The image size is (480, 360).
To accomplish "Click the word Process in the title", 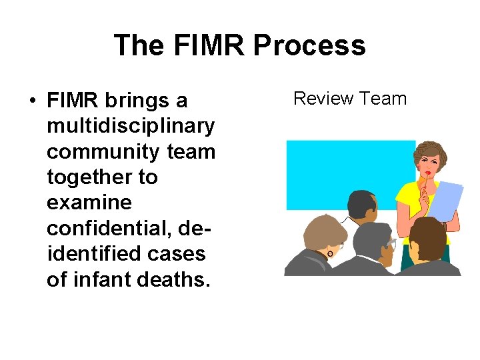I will point(310,45).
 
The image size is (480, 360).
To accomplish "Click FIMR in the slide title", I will point(203,45).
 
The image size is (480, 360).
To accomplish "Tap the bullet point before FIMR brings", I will point(32,101).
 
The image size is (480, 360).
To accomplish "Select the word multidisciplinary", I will point(131,126).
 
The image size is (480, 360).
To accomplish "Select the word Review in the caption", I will point(323,99).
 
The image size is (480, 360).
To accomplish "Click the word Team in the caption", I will point(381,99).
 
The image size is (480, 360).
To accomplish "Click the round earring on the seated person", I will point(329,253).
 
